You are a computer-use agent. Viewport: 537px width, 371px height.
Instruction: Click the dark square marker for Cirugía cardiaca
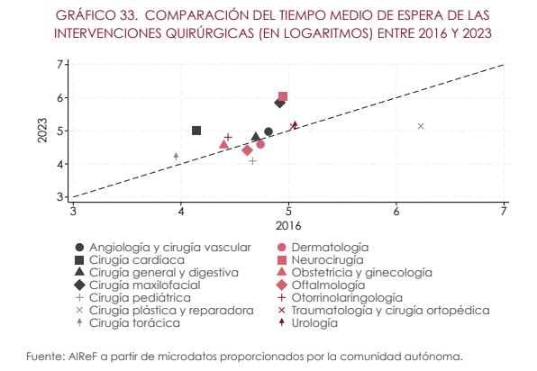tap(196, 131)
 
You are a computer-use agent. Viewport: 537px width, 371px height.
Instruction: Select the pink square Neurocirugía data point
tap(283, 97)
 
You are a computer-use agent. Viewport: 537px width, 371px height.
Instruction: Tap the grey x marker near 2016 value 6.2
tap(421, 126)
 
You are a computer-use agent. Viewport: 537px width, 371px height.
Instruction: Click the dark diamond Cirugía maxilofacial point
tap(279, 103)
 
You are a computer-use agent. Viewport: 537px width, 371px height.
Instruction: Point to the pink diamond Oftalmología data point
tap(247, 150)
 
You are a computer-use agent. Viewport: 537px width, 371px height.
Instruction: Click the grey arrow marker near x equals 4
tap(176, 156)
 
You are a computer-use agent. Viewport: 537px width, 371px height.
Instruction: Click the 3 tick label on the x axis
tap(73, 211)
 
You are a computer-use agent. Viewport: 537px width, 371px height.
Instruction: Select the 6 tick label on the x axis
tap(396, 211)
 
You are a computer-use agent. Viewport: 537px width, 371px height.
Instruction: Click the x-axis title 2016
tap(287, 224)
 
